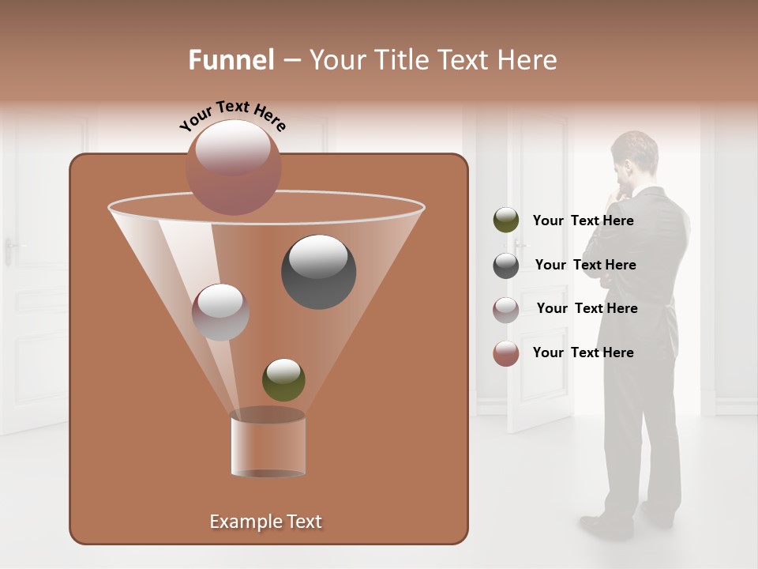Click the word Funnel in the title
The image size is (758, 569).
[231, 60]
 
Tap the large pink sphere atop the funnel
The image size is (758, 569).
[233, 167]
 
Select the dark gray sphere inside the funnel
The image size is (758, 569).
[318, 272]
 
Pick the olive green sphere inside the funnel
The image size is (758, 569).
[283, 379]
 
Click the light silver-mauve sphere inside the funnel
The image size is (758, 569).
[220, 312]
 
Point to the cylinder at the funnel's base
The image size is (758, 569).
[268, 443]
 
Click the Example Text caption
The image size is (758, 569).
[266, 522]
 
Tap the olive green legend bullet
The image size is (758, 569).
[506, 220]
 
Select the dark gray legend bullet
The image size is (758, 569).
[506, 266]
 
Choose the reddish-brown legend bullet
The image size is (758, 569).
[506, 353]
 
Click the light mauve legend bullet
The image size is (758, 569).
[506, 309]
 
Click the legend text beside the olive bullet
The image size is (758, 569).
[583, 220]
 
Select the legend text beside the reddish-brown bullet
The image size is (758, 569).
[583, 352]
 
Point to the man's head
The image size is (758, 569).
[633, 156]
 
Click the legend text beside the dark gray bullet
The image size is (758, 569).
[585, 265]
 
